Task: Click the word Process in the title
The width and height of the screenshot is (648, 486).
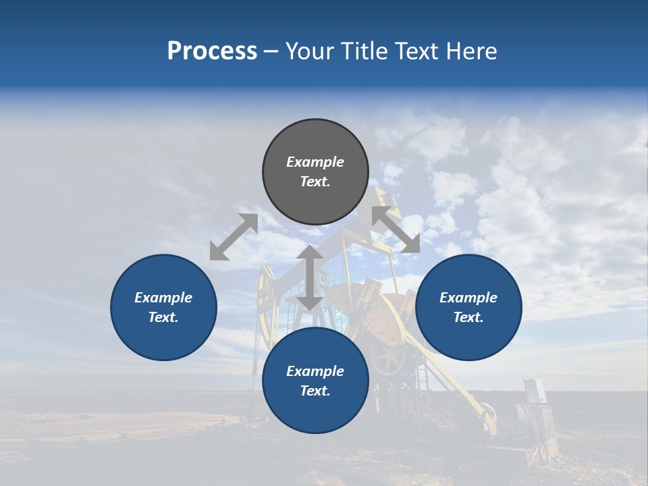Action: click(x=212, y=51)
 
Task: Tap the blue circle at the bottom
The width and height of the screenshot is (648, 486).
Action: click(x=315, y=412)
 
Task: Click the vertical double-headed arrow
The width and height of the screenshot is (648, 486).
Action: click(x=310, y=277)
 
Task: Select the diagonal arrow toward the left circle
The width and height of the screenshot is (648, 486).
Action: click(x=234, y=237)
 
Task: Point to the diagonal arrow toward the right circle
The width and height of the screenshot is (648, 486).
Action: click(x=396, y=230)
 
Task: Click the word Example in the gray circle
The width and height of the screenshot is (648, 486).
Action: click(x=315, y=162)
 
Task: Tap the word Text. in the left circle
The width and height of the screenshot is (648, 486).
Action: click(x=163, y=317)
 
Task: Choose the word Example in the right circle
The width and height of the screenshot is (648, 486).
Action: click(x=468, y=298)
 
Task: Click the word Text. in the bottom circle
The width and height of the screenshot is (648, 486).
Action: click(x=315, y=391)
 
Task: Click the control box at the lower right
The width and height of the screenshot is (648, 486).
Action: click(x=535, y=391)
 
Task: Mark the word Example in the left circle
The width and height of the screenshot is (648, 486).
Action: click(x=163, y=298)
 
